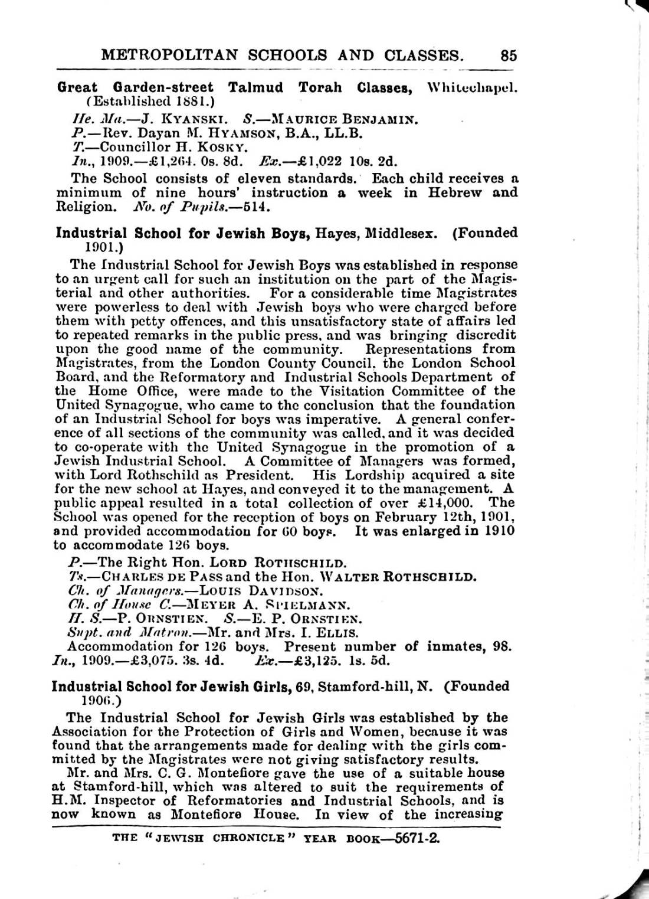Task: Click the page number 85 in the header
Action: [509, 55]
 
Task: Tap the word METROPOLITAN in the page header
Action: [169, 55]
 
